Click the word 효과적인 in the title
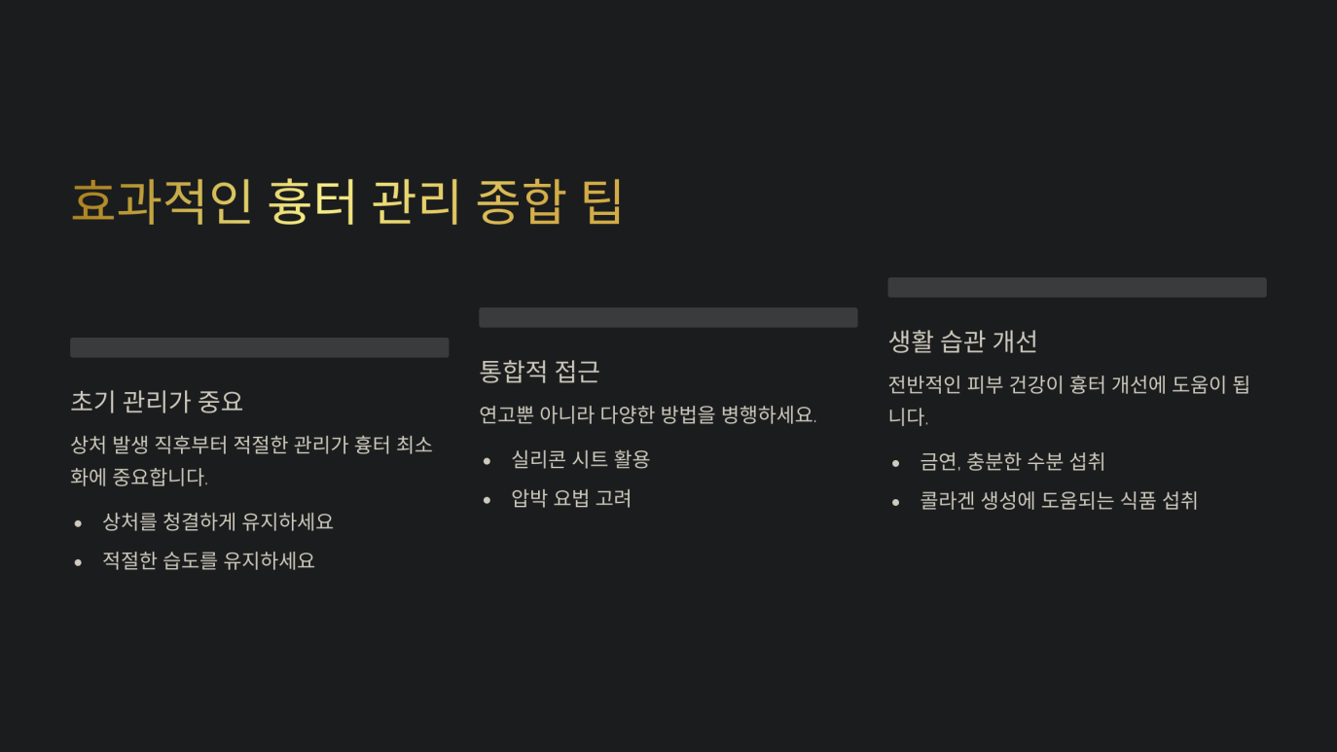[x=162, y=201]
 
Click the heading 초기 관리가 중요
[x=157, y=401]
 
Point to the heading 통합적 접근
[x=539, y=371]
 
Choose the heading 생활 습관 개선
[x=962, y=340]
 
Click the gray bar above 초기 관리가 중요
[x=259, y=347]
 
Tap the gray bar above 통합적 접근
[x=668, y=317]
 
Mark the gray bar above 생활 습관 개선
[x=1076, y=287]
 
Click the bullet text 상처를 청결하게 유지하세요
[x=218, y=521]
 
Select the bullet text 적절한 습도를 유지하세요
[x=208, y=560]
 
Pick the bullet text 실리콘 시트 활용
[x=580, y=459]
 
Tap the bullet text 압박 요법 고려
[x=571, y=498]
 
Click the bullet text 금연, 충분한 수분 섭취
[x=1012, y=461]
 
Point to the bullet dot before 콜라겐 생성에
[x=896, y=502]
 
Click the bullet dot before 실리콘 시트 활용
[x=488, y=460]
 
